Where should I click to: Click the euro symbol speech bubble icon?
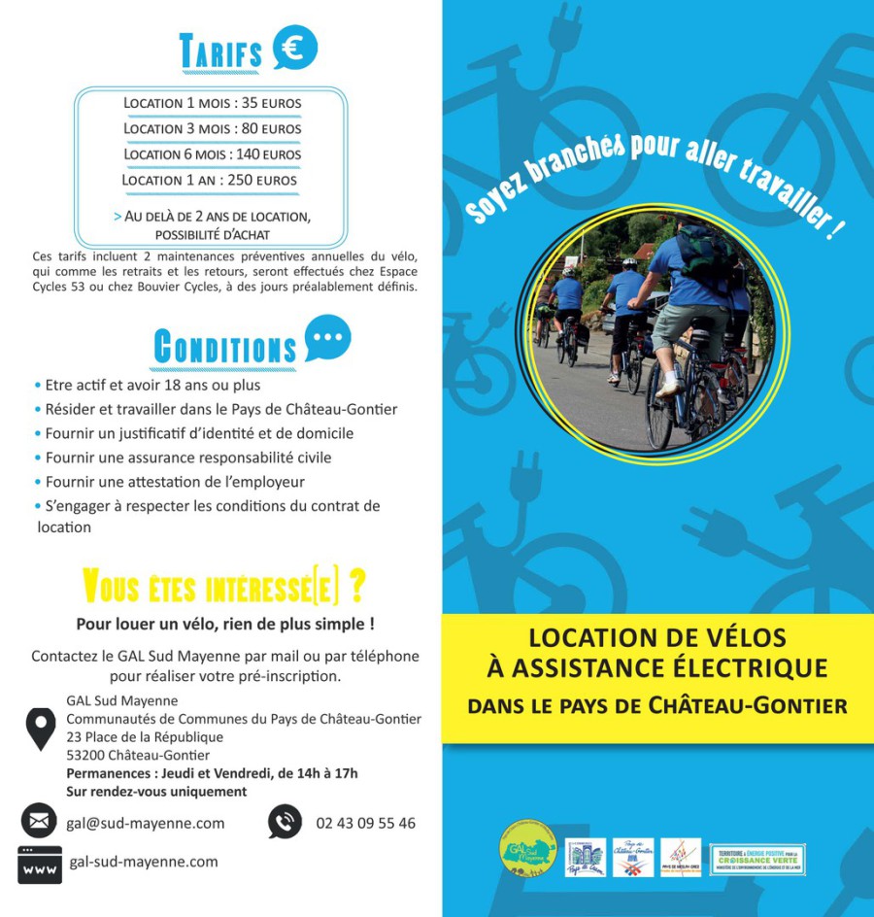pos(294,48)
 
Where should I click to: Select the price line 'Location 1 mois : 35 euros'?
pos(213,103)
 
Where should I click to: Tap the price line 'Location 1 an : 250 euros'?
pos(210,180)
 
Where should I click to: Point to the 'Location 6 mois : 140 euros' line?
pos(213,154)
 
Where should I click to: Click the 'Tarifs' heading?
pos(220,53)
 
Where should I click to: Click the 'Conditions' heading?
pos(225,347)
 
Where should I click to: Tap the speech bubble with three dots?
pos(327,337)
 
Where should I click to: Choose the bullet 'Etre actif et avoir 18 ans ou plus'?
pos(147,385)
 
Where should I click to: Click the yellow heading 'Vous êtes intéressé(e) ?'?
pos(224,587)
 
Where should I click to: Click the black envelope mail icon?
pos(39,822)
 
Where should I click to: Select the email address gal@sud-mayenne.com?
pos(146,823)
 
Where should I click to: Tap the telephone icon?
pos(285,822)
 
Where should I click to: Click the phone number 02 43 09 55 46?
pos(365,823)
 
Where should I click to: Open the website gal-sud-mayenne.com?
pos(144,862)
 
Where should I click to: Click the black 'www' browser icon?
pos(39,864)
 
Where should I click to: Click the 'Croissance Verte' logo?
pos(757,859)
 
